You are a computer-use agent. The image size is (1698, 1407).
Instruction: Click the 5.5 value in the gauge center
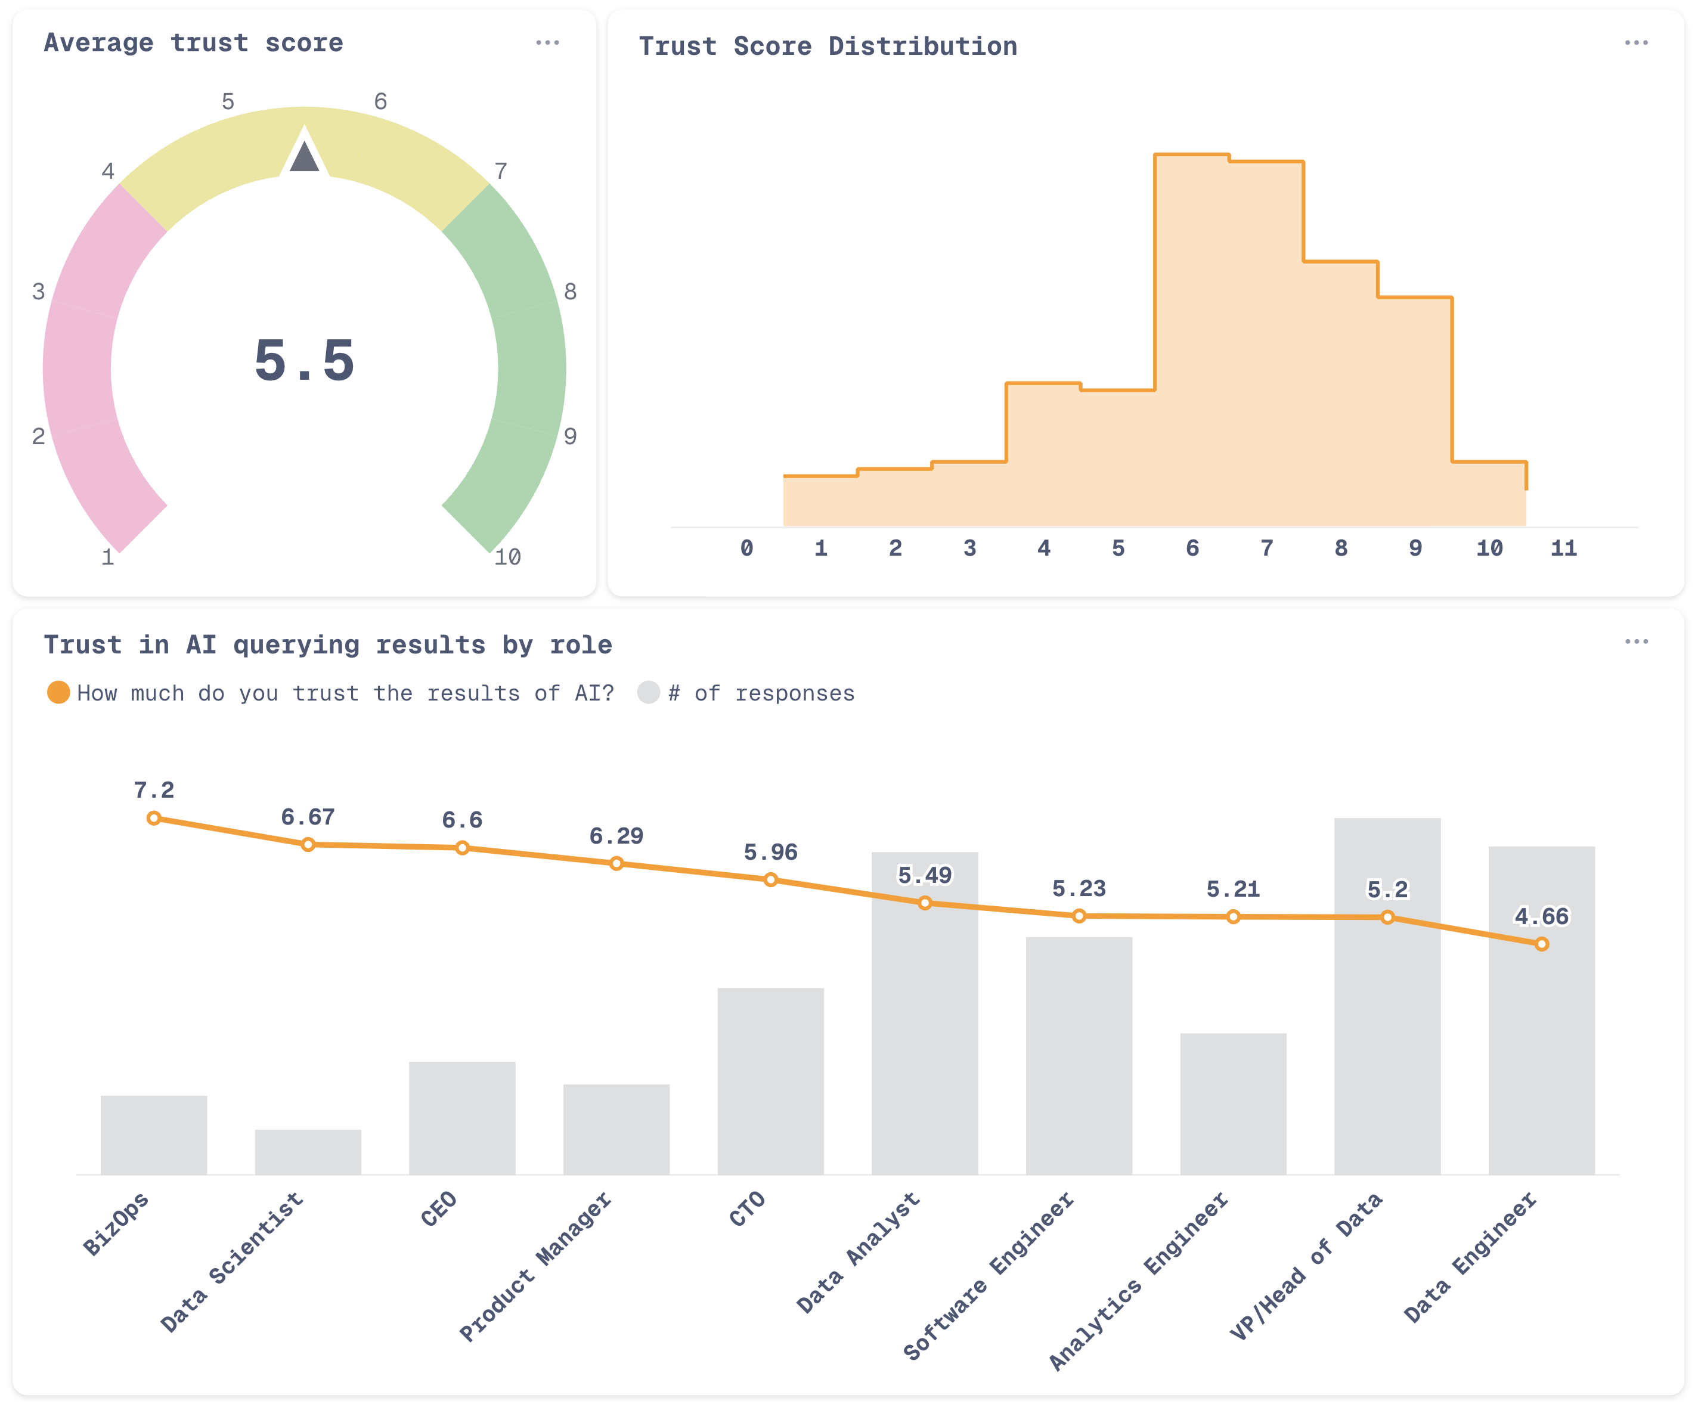[x=304, y=360]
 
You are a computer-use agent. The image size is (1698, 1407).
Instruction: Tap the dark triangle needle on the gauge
[x=304, y=157]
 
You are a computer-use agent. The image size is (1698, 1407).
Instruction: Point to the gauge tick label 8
[x=570, y=292]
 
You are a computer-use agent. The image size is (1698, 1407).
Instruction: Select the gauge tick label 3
[x=38, y=292]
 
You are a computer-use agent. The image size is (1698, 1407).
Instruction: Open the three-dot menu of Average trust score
[x=547, y=43]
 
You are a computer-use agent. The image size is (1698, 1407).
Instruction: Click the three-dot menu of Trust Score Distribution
[x=1636, y=43]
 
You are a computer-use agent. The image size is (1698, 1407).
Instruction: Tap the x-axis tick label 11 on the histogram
[x=1563, y=548]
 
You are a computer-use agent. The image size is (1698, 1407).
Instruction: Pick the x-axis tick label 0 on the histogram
[x=746, y=548]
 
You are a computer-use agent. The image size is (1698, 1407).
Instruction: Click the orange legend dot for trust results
[x=58, y=692]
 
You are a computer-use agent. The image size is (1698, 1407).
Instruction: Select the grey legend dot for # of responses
[x=649, y=692]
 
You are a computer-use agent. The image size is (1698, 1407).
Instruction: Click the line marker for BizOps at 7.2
[x=154, y=819]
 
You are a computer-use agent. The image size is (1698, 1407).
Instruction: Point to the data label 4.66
[x=1541, y=916]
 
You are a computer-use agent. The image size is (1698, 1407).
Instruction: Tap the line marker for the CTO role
[x=770, y=880]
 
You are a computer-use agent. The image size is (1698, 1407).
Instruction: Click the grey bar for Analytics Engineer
[x=1233, y=1103]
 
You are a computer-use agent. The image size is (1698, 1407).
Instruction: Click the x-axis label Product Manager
[x=536, y=1266]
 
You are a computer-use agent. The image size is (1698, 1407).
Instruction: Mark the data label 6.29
[x=616, y=835]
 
